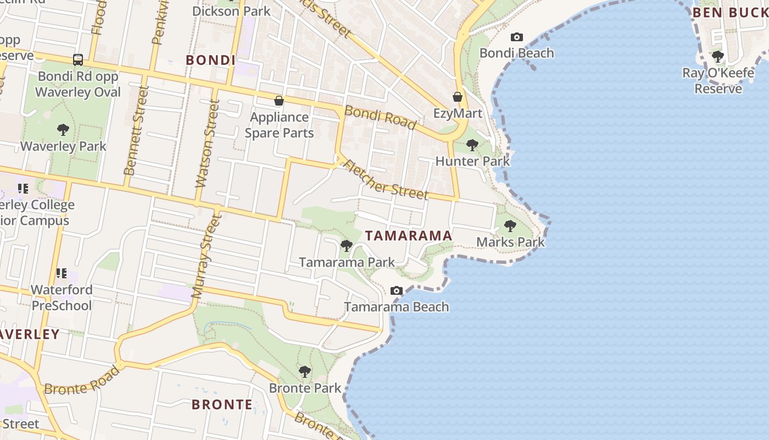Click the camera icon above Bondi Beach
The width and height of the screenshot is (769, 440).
[x=516, y=37]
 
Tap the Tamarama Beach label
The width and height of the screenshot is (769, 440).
[x=397, y=307]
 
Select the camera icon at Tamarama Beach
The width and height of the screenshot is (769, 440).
[x=396, y=290]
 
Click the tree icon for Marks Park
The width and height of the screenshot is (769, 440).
[x=510, y=226]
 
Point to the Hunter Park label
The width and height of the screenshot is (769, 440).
[x=472, y=161]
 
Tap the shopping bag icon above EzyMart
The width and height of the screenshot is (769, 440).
[x=457, y=97]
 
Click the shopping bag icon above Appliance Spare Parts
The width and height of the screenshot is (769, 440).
[x=279, y=101]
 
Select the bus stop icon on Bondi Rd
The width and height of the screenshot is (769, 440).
[x=78, y=59]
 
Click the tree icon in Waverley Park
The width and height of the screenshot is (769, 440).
[x=63, y=130]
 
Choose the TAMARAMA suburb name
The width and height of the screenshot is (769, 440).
[x=409, y=235]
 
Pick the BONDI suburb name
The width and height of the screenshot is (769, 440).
[x=210, y=60]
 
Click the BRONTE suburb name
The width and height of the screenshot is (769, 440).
[x=222, y=405]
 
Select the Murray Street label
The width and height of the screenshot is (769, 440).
[x=205, y=256]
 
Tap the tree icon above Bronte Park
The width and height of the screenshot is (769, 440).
[x=304, y=372]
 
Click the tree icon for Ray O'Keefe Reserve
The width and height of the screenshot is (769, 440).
[x=717, y=56]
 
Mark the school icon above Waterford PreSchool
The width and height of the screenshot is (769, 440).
[x=62, y=273]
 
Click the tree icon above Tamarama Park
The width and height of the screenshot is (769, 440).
[x=346, y=245]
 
